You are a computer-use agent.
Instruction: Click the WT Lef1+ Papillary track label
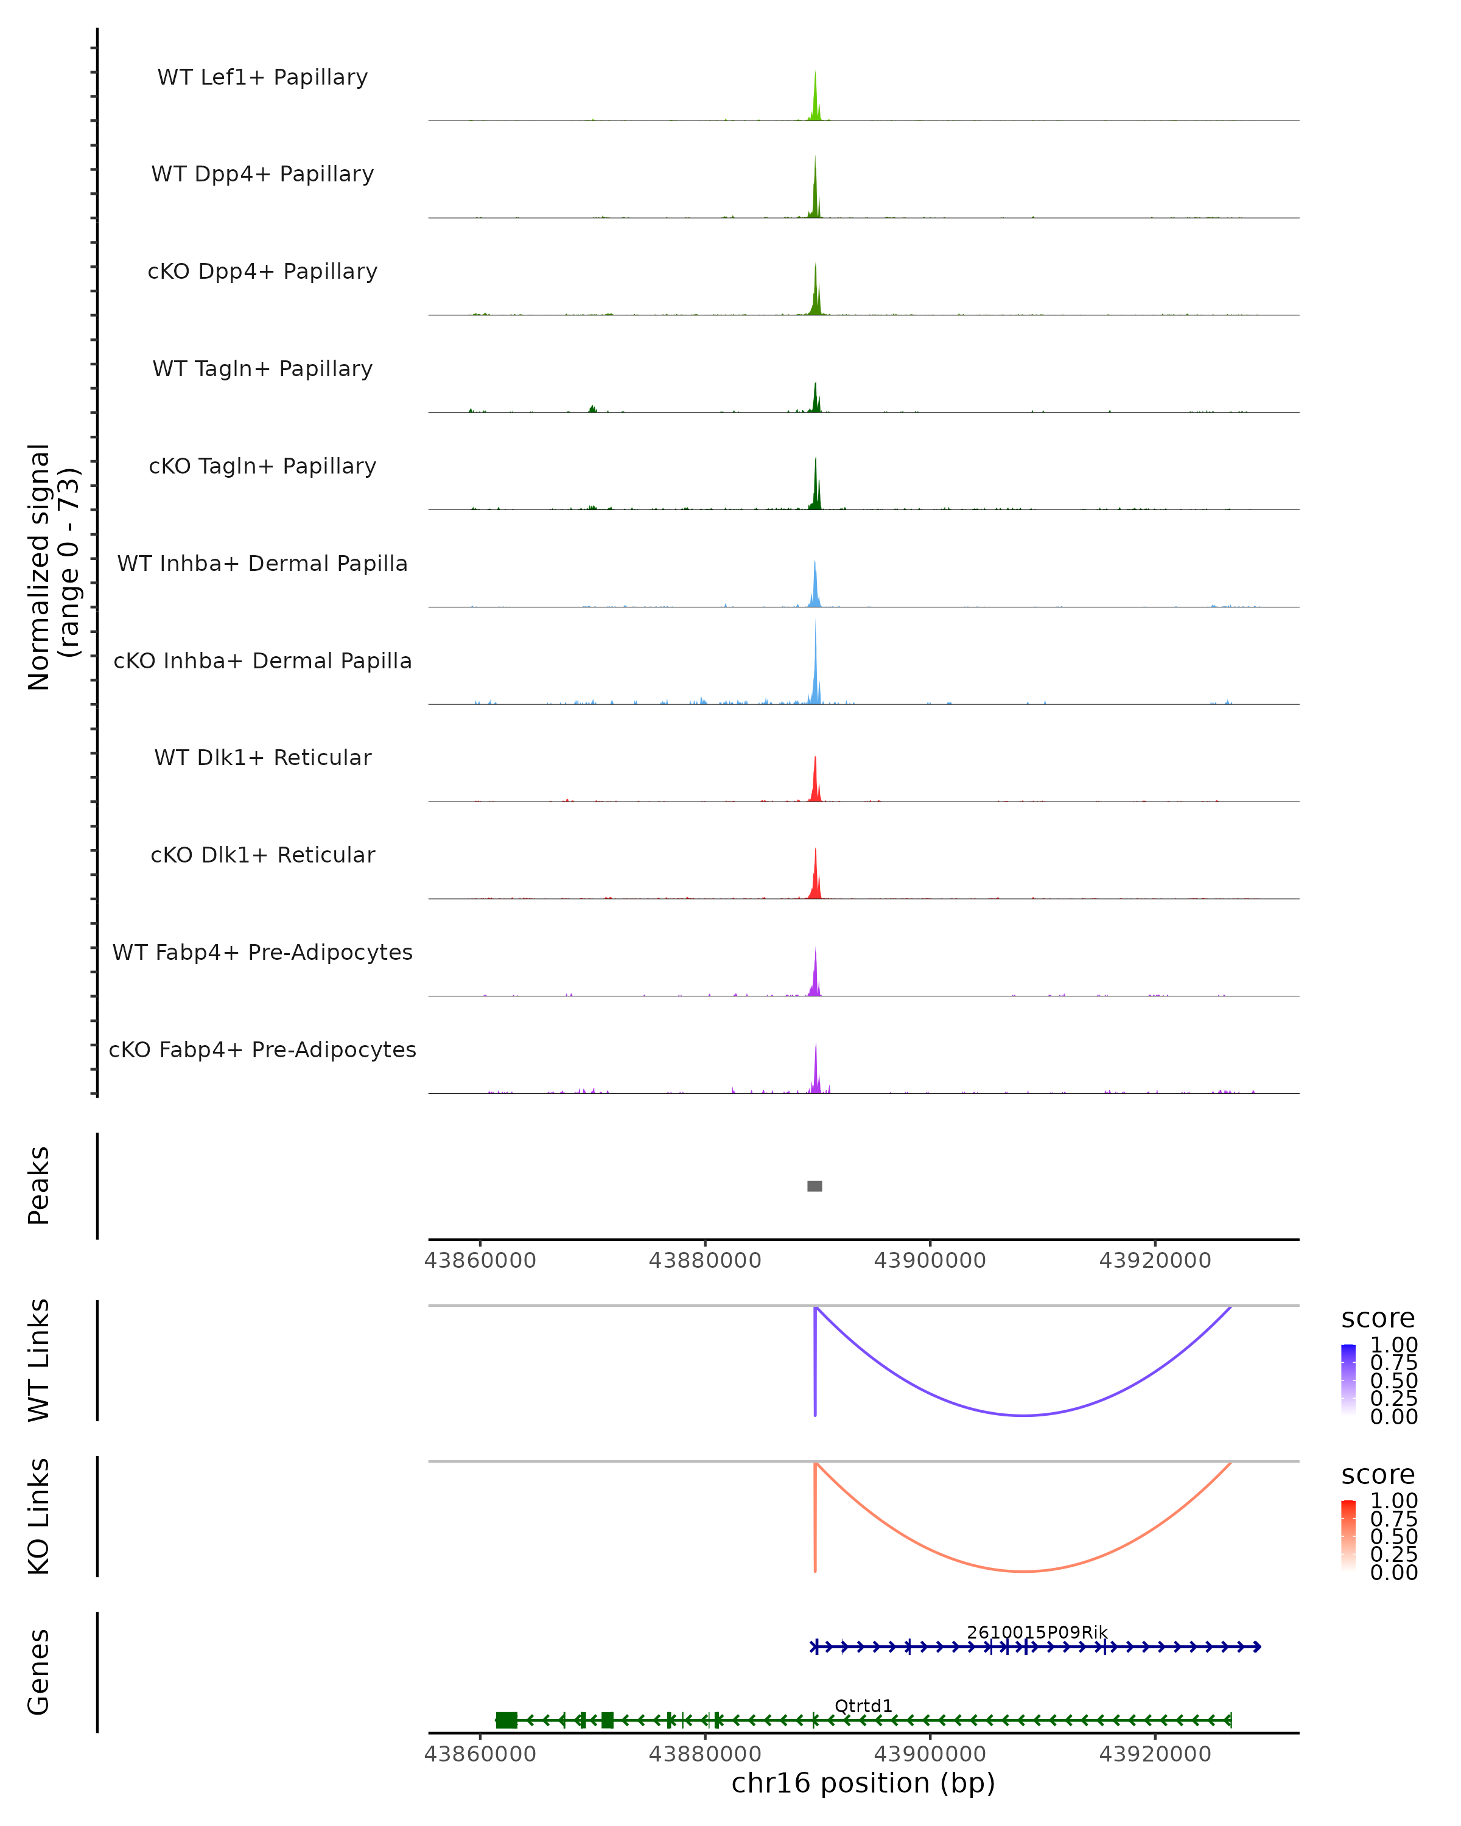[x=262, y=77]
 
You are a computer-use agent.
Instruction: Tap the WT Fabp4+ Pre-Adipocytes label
[x=262, y=952]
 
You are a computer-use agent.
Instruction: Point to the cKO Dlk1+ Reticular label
[x=262, y=855]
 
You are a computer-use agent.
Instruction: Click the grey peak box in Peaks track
[x=815, y=1186]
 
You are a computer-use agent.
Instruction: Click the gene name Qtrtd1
[x=863, y=1705]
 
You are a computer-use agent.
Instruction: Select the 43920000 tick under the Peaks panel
[x=1154, y=1261]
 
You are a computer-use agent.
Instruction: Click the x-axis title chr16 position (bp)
[x=863, y=1783]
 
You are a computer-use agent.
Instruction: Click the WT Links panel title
[x=39, y=1360]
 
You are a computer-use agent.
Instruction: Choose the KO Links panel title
[x=39, y=1516]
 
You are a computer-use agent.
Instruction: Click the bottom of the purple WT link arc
[x=1024, y=1415]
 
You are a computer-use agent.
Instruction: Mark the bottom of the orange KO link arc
[x=1024, y=1571]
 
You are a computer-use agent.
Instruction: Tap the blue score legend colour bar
[x=1348, y=1379]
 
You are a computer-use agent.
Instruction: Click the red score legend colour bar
[x=1348, y=1536]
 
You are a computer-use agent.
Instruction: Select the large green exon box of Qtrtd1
[x=506, y=1720]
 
